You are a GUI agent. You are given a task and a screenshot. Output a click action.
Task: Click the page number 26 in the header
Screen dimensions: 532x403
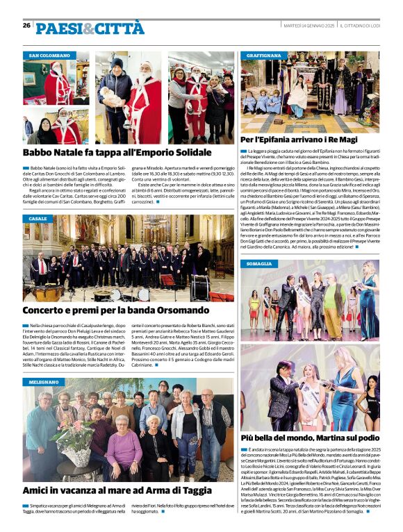[26, 26]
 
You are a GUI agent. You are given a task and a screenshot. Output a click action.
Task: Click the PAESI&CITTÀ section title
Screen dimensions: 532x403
[81, 28]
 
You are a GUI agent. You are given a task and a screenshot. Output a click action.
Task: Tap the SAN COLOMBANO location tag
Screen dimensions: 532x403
[49, 55]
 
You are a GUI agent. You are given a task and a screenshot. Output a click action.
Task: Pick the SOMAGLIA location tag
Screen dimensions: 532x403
[259, 265]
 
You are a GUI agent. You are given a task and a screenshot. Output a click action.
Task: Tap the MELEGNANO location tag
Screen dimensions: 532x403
[44, 382]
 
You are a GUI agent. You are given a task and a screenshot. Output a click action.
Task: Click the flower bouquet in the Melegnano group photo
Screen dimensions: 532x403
[73, 438]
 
